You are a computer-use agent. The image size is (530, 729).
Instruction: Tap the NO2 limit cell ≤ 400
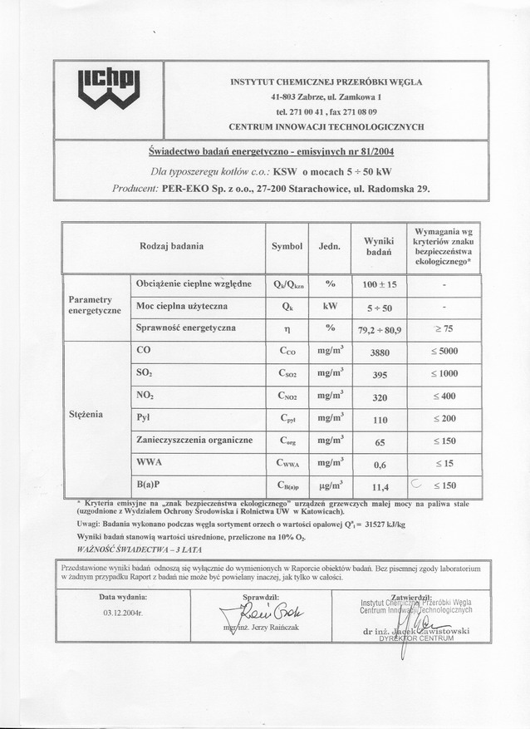pos(444,397)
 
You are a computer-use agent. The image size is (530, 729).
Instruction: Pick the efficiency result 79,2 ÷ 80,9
pos(379,329)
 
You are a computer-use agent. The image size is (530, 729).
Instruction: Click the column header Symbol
pos(287,246)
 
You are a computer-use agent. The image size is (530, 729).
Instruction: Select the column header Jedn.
pos(330,246)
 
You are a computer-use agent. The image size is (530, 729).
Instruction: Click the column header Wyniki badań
pos(378,246)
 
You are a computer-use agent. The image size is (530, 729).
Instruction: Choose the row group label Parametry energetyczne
pos(95,305)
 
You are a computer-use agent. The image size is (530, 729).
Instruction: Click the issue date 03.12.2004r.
pos(123,613)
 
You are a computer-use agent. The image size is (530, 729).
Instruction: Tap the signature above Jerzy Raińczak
pos(257,613)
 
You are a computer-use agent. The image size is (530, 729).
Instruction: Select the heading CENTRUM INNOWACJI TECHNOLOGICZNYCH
pos(326,127)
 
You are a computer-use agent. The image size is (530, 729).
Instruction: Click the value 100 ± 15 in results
pos(380,284)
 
